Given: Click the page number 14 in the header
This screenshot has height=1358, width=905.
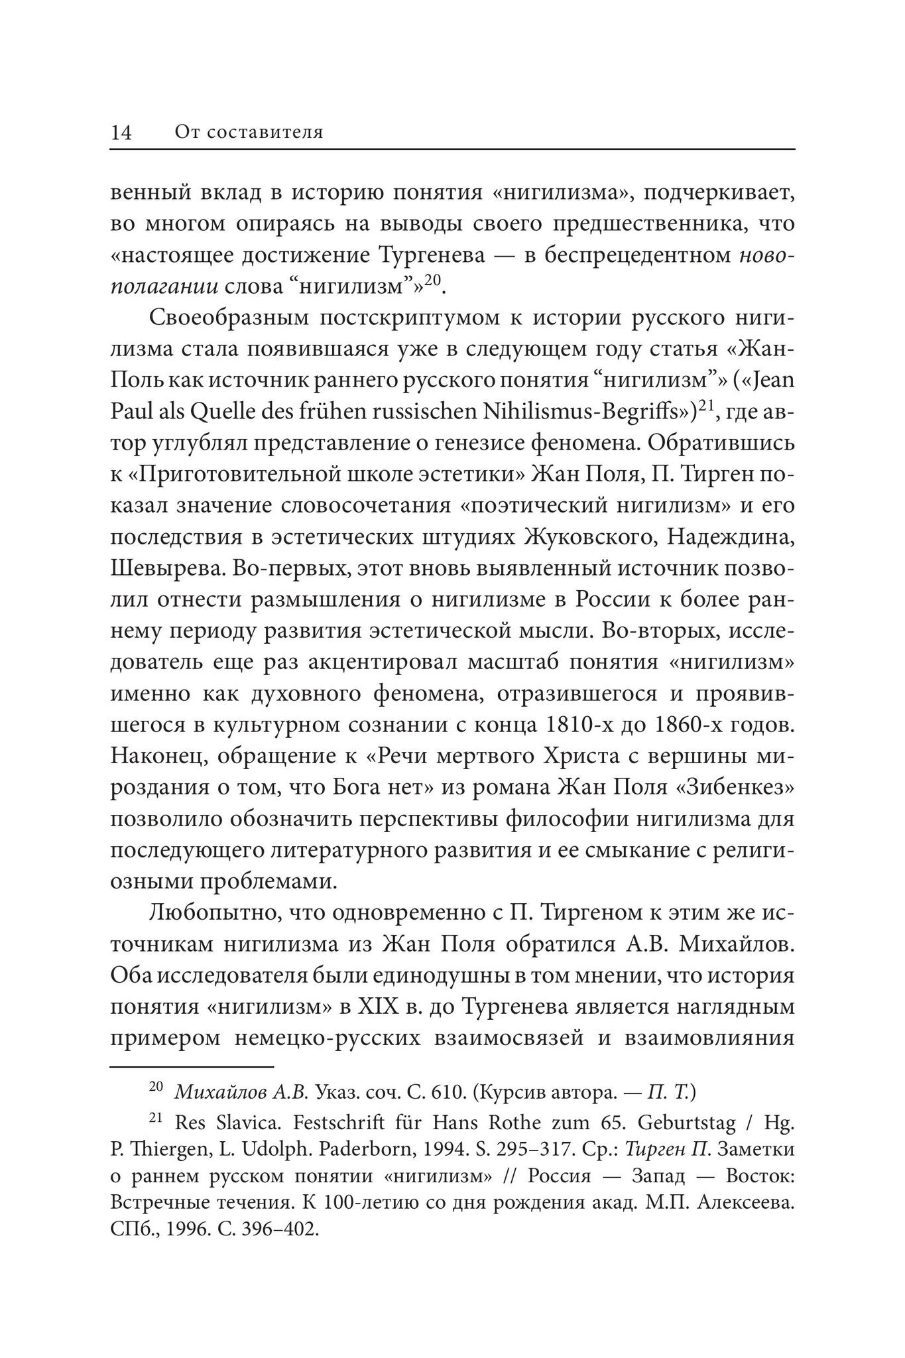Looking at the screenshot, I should coord(121,132).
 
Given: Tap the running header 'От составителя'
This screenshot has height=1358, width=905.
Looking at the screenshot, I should coord(249,132).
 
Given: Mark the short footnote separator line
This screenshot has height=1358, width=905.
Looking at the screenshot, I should coord(192,1067).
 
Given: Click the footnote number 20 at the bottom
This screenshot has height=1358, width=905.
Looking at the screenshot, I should coord(156,1087).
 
